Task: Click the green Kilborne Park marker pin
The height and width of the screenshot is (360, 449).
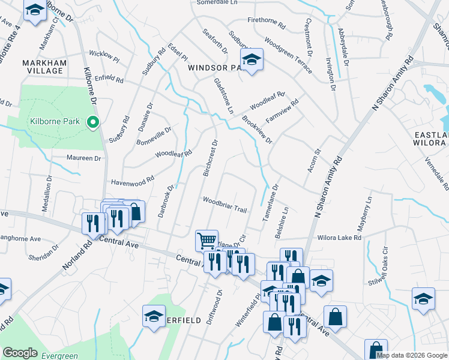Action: tap(93, 122)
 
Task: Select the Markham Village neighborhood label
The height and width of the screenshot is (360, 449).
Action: tap(42, 67)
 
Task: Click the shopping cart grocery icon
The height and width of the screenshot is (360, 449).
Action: tap(206, 241)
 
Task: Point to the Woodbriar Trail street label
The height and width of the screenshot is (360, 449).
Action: tap(224, 205)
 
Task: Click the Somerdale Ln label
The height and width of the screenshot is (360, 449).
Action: tap(218, 3)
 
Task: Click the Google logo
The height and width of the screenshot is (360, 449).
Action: tap(20, 353)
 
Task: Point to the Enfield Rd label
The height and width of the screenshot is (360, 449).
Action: tap(108, 79)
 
